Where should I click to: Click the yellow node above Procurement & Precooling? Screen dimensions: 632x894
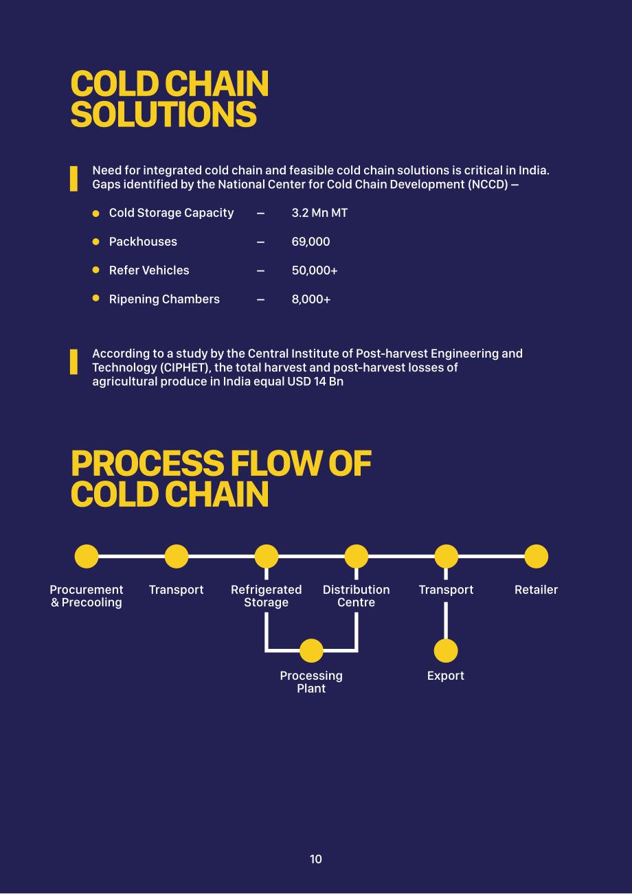coord(87,556)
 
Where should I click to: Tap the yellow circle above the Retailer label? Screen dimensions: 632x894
coord(536,556)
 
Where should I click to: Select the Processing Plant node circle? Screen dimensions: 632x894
coord(311,650)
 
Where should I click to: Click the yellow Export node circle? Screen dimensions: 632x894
coord(446,650)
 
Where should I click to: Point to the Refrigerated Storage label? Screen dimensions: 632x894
coord(267,595)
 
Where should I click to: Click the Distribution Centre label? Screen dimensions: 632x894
coord(356,595)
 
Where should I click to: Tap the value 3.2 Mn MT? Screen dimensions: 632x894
coord(319,213)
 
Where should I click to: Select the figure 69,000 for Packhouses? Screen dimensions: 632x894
coord(311,242)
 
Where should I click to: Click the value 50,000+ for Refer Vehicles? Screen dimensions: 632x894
coord(315,271)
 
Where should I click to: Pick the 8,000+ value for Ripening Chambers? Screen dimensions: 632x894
coord(311,299)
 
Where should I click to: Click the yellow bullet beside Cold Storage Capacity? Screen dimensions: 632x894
coord(95,214)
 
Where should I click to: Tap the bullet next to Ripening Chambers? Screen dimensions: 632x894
coord(95,298)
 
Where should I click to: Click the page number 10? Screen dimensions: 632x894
coord(316,859)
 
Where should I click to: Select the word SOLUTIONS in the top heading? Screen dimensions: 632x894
coord(163,114)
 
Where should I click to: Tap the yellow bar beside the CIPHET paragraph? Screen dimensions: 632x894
coord(74,362)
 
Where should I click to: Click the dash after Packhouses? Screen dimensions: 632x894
coord(260,242)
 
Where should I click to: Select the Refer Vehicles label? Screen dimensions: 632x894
coord(149,271)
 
